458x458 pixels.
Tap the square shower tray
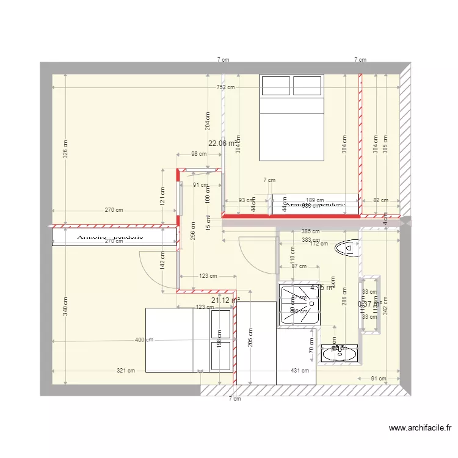pyautogui.click(x=299, y=304)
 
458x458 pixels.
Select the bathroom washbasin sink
pyautogui.click(x=338, y=352)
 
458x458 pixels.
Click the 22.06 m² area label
pyautogui.click(x=223, y=144)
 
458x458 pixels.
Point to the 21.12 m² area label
pyautogui.click(x=225, y=300)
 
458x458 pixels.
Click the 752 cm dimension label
pyautogui.click(x=225, y=87)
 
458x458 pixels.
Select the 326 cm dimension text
pyautogui.click(x=65, y=150)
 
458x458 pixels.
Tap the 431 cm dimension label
pyautogui.click(x=299, y=371)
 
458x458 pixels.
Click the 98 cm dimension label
pyautogui.click(x=198, y=154)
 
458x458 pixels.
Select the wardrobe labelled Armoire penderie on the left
pyautogui.click(x=110, y=236)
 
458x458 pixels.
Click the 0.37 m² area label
pyautogui.click(x=369, y=303)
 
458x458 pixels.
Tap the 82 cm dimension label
pyautogui.click(x=380, y=200)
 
